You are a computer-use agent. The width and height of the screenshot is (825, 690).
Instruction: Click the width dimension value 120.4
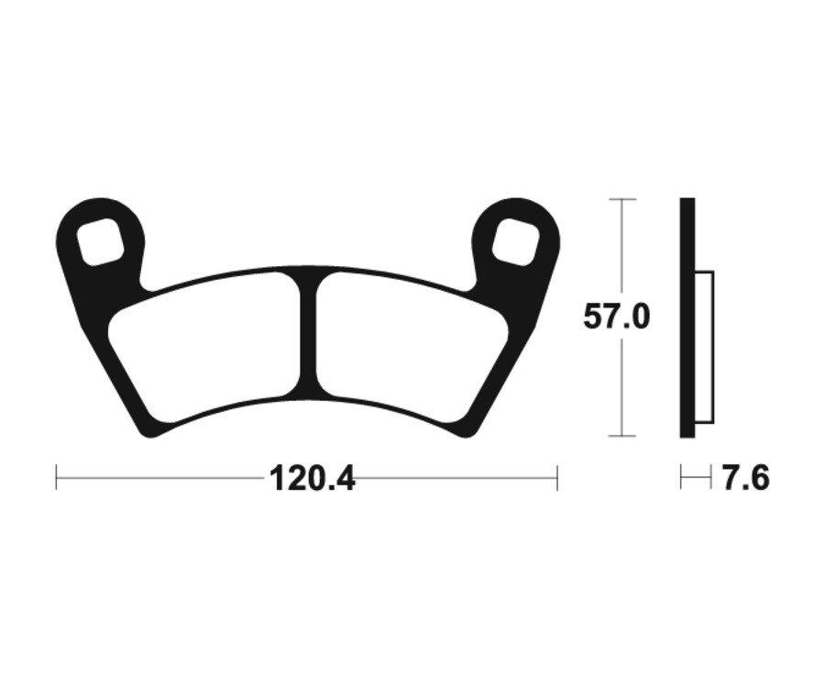pyautogui.click(x=312, y=478)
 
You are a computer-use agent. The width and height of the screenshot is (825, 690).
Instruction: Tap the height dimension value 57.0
pyautogui.click(x=616, y=317)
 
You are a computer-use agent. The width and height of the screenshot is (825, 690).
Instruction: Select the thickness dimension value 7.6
pyautogui.click(x=745, y=478)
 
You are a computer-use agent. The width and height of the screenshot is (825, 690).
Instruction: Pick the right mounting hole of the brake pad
pyautogui.click(x=515, y=242)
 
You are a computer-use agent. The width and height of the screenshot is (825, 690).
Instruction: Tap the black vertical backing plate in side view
pyautogui.click(x=687, y=317)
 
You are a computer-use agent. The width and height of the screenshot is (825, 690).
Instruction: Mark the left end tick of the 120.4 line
pyautogui.click(x=57, y=477)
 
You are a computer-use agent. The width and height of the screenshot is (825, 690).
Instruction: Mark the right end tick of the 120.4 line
pyautogui.click(x=556, y=477)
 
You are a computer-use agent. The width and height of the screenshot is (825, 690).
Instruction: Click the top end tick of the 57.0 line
pyautogui.click(x=622, y=199)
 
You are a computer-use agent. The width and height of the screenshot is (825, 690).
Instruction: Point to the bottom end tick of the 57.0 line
pyautogui.click(x=622, y=436)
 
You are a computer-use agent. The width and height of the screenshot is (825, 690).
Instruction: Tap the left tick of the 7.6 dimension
pyautogui.click(x=681, y=477)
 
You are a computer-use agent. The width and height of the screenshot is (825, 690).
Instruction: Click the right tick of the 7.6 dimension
pyautogui.click(x=711, y=477)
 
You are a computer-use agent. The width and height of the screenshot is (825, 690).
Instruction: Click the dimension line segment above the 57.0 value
pyautogui.click(x=622, y=248)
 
